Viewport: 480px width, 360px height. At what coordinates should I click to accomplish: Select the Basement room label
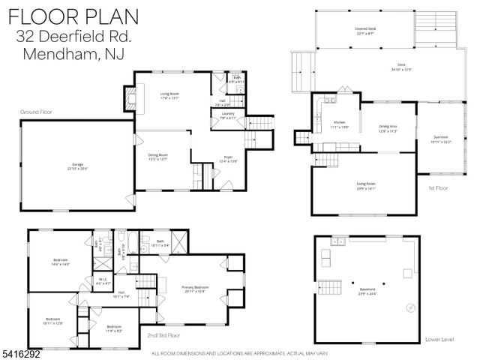point(367,291)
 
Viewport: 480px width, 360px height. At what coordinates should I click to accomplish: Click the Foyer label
point(228,159)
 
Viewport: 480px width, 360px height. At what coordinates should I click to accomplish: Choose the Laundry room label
point(228,115)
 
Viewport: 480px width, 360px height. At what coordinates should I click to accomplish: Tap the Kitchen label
point(340,124)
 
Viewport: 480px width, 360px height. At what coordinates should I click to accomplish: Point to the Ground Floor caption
point(37,112)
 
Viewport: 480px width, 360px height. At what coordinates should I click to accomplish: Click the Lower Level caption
point(439,339)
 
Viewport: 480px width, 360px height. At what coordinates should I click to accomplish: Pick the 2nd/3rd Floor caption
point(163,335)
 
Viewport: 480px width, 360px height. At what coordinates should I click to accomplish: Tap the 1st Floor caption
point(436,188)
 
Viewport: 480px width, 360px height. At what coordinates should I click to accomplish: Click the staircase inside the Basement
point(331,287)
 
